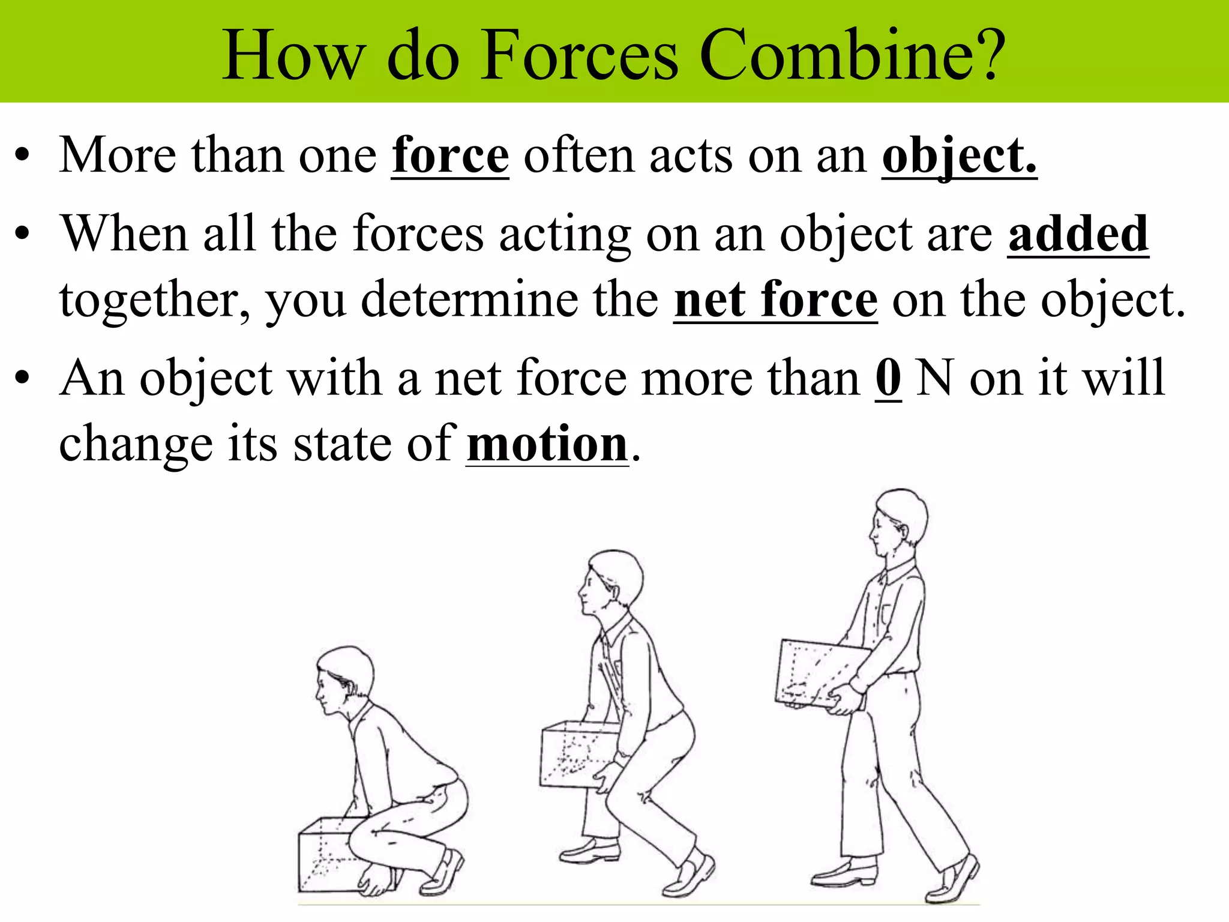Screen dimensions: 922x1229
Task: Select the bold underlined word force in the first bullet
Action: [x=450, y=155]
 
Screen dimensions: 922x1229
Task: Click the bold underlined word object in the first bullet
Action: [x=959, y=155]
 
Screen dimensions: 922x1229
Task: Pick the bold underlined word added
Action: [x=1078, y=234]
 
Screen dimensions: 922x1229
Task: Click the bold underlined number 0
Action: [x=888, y=378]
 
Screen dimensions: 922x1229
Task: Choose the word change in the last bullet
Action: [x=136, y=445]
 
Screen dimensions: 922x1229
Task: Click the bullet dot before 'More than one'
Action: [x=22, y=157]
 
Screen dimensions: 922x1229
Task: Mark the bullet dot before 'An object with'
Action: [x=22, y=379]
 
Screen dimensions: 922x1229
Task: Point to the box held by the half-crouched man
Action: [x=576, y=754]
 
